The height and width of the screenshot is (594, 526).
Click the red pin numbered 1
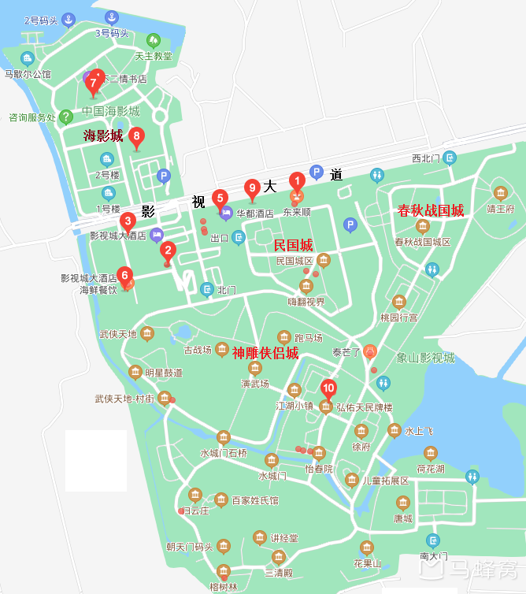[x=297, y=181]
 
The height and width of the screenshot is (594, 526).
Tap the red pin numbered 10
[x=329, y=388]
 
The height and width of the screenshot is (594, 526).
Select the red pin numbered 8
[x=137, y=137]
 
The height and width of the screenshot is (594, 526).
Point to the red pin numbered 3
[x=127, y=221]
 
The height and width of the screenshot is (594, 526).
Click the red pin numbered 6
[x=124, y=277]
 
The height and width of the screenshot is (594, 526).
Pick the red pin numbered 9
[x=252, y=187]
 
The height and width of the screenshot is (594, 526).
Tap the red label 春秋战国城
[x=431, y=210]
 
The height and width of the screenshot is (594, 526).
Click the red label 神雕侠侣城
[x=265, y=352]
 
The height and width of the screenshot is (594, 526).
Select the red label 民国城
[x=293, y=245]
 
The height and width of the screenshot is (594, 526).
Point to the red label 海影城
[x=103, y=136]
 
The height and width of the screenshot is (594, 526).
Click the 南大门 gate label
[x=433, y=556]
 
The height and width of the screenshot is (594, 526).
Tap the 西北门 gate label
[x=428, y=158]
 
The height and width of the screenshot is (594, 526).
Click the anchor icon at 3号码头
[x=112, y=17]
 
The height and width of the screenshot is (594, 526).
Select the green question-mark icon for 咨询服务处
[x=66, y=117]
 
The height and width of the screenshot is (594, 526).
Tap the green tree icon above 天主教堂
[x=154, y=39]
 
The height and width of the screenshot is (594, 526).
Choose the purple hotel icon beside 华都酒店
[x=226, y=212]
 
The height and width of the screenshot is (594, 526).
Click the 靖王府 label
[x=500, y=209]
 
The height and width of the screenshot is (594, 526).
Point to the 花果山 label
[x=367, y=563]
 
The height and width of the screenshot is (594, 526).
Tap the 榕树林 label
[x=224, y=586]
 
